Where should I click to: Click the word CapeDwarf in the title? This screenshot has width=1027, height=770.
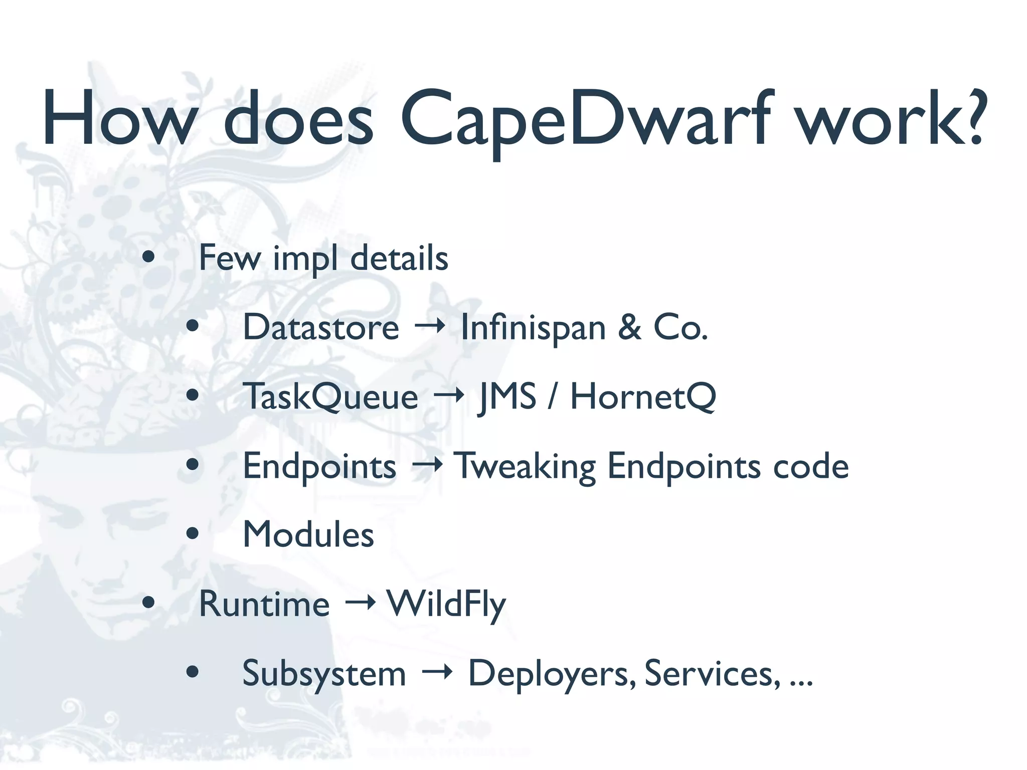[x=585, y=120]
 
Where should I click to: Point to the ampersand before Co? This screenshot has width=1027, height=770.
[x=629, y=327]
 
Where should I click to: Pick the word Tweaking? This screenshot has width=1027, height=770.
[x=525, y=466]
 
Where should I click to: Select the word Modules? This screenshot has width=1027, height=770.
[x=308, y=534]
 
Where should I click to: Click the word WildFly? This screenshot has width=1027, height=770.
[x=446, y=605]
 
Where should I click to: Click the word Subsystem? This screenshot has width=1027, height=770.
[x=324, y=674]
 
